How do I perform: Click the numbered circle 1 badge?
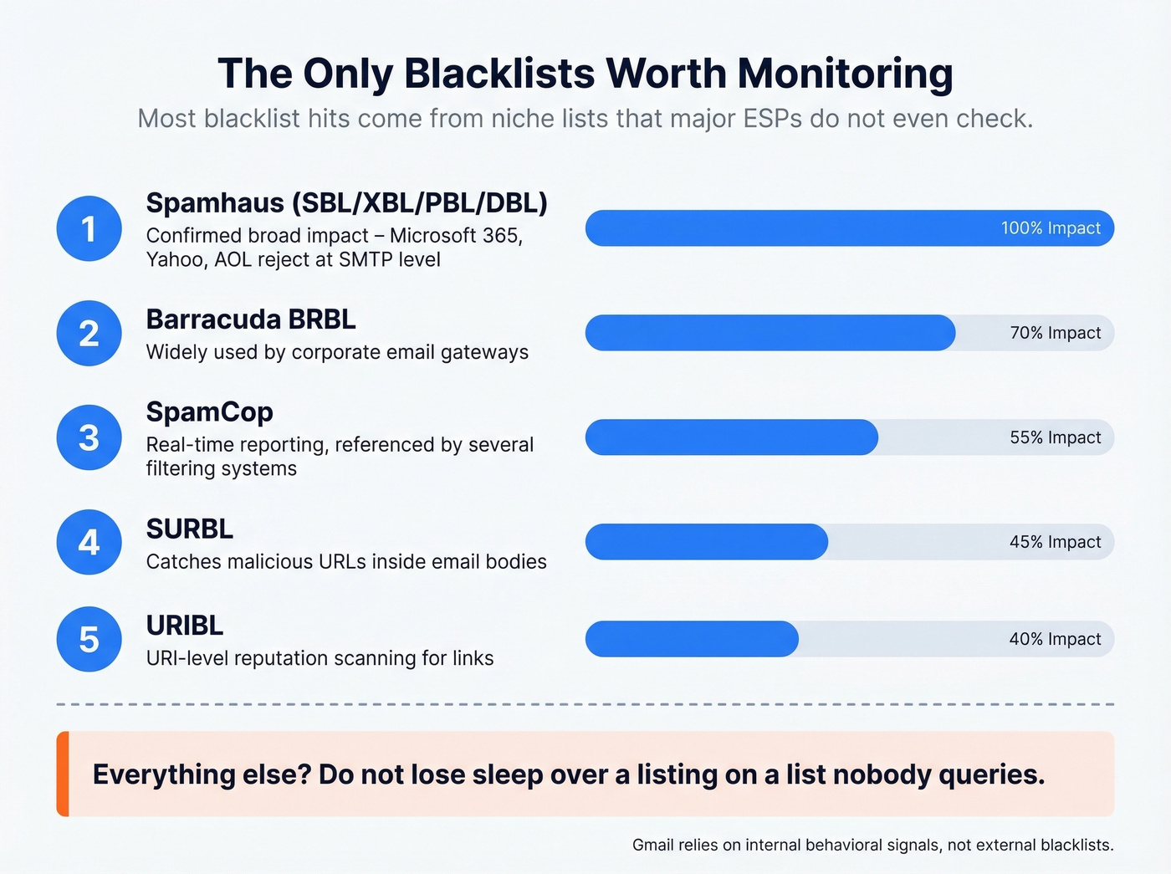click(89, 228)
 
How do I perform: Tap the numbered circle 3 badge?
click(89, 437)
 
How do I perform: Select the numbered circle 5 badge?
click(89, 639)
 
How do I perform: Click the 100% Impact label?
click(1051, 228)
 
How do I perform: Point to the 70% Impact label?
click(1055, 333)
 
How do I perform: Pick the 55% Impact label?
click(1055, 437)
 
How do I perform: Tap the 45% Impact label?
click(1055, 542)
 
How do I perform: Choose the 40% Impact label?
click(1055, 639)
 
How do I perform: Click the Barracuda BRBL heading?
click(251, 319)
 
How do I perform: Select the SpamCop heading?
click(209, 412)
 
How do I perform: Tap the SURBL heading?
click(189, 529)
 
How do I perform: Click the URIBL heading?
click(184, 626)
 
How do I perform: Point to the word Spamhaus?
click(215, 203)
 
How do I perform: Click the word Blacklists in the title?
click(499, 74)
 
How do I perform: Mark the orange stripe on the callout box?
click(63, 774)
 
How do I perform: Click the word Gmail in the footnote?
click(652, 845)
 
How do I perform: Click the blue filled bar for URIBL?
click(692, 639)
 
